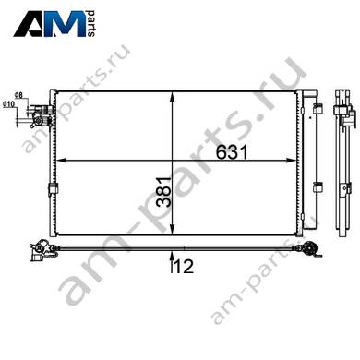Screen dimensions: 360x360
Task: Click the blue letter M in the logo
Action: pos(69,24)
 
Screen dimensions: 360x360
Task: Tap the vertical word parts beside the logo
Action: pos(91,23)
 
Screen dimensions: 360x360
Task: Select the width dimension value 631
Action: pos(232,152)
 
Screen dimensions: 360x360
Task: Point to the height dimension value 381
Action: pos(163,192)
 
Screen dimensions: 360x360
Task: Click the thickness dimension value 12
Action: pos(184,266)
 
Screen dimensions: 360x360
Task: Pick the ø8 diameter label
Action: pos(18,95)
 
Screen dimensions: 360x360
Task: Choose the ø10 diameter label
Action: pos(8,104)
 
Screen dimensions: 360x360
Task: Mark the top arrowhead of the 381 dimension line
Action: pos(173,97)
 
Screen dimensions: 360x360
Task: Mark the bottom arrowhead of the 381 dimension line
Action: pos(173,230)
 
